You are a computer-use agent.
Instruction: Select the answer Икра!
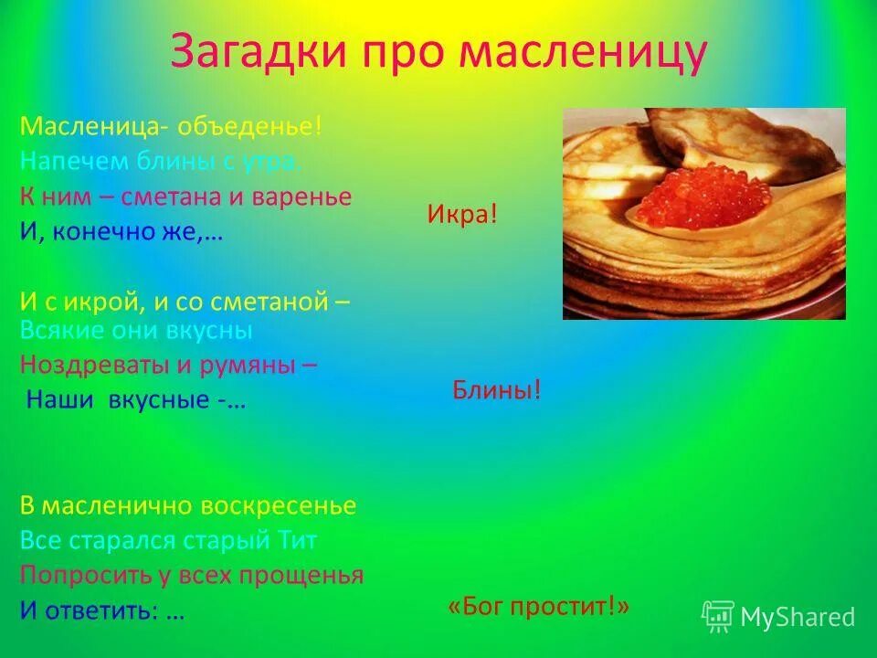pos(462,215)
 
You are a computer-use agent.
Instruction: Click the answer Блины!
pos(497,391)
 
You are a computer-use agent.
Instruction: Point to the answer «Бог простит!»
pos(539,607)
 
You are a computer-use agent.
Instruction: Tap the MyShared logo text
pos(797,618)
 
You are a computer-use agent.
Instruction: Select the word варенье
pos(307,196)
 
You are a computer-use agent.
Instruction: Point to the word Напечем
pos(60,161)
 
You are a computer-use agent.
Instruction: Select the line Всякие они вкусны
pos(135,330)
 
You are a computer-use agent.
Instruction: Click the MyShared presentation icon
pos(718,617)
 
